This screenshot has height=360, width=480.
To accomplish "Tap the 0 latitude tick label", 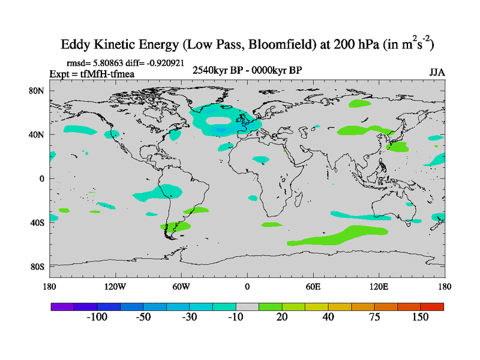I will [x=42, y=179].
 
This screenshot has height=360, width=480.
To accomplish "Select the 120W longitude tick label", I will [x=115, y=286].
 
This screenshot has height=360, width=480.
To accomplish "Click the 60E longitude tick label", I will [x=313, y=286].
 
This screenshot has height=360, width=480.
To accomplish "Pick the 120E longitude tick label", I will [x=379, y=286].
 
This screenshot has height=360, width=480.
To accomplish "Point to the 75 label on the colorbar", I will [x=374, y=317].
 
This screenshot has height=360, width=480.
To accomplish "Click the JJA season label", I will [x=437, y=73].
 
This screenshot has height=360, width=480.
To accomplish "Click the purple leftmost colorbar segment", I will [x=62, y=306].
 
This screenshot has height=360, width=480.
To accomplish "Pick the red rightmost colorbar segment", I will [x=432, y=306].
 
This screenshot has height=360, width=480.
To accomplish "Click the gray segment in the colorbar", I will [x=247, y=306].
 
